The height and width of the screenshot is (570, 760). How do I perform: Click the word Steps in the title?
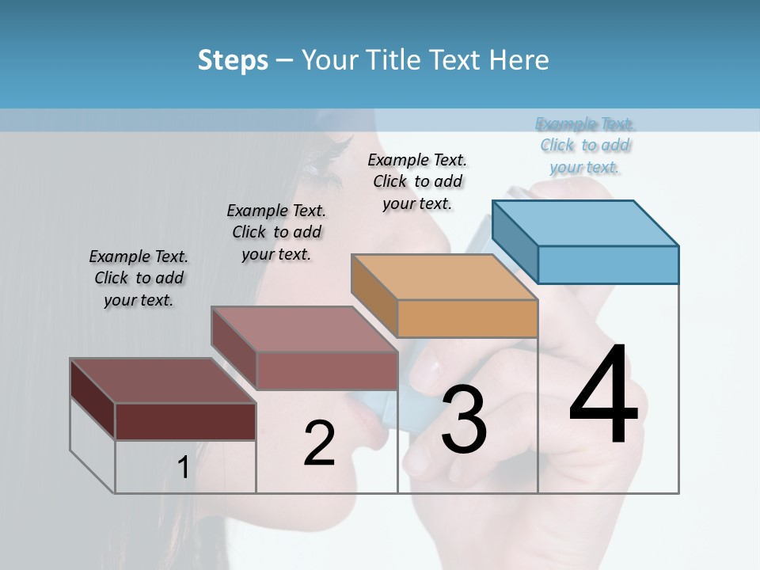[x=233, y=60]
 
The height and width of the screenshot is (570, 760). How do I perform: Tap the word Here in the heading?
[x=519, y=60]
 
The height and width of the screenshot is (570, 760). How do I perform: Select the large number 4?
[x=603, y=396]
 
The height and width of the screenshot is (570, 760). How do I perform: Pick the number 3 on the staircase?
[x=463, y=420]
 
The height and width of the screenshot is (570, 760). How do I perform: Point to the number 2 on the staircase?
[x=319, y=443]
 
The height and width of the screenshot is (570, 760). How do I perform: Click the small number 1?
[x=183, y=468]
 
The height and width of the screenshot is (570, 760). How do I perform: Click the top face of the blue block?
[x=586, y=222]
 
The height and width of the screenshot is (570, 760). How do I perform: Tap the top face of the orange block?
[x=444, y=277]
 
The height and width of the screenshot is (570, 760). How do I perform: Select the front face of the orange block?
[x=467, y=318]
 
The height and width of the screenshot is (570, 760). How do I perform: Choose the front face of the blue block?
[x=608, y=264]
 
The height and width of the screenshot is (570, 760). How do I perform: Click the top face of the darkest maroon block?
[x=162, y=381]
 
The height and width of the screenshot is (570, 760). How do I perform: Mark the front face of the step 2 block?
[x=327, y=370]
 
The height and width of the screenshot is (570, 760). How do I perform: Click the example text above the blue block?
[x=585, y=146]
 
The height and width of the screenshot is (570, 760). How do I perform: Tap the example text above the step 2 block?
[x=276, y=232]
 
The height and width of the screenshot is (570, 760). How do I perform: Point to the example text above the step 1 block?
[x=139, y=278]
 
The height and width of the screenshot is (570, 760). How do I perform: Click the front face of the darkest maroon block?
[x=185, y=421]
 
